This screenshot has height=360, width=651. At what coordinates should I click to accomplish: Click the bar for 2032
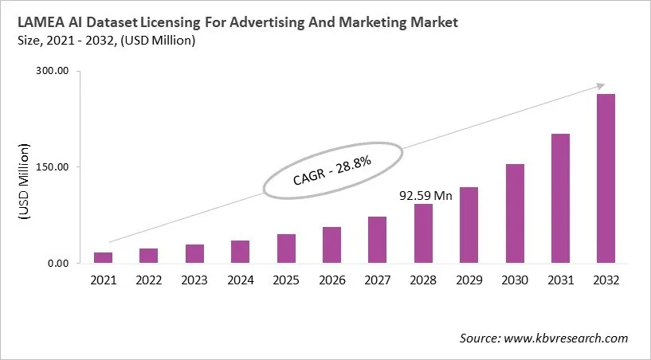click(x=606, y=178)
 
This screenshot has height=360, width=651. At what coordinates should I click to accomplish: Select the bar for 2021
click(x=103, y=257)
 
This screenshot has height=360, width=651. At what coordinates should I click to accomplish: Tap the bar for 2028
click(x=423, y=233)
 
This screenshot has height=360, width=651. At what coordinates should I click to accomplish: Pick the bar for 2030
click(x=515, y=213)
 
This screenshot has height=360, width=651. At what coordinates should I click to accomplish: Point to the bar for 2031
click(x=560, y=198)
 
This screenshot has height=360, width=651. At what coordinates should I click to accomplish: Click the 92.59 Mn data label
click(x=425, y=194)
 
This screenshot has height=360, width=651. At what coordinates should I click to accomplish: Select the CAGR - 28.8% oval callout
click(x=333, y=170)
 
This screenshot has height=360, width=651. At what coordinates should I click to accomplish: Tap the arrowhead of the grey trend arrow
click(x=599, y=87)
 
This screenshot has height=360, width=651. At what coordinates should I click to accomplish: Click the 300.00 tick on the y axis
click(x=53, y=72)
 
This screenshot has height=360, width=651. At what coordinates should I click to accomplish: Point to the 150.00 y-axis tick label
click(x=53, y=167)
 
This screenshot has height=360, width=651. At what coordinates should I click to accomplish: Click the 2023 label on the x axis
click(x=194, y=280)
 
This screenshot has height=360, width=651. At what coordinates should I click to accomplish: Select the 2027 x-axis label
click(x=378, y=280)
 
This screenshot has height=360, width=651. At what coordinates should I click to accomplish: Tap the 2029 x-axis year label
click(x=469, y=280)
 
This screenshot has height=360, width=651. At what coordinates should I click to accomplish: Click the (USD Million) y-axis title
click(x=24, y=182)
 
